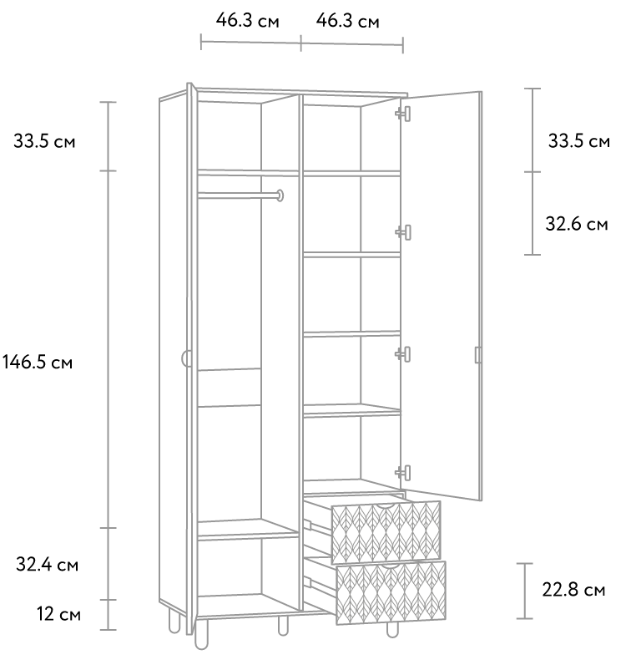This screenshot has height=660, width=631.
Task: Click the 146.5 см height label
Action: (x=38, y=363)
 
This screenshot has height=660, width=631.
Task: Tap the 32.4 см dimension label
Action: (x=47, y=565)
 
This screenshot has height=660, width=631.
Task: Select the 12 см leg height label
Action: (x=58, y=615)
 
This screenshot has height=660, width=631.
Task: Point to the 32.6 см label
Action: (x=577, y=224)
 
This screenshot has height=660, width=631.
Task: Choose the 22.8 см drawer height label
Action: (x=573, y=590)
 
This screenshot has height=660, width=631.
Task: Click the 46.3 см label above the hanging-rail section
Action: (x=248, y=20)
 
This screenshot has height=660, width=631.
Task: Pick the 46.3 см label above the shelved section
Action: (x=348, y=21)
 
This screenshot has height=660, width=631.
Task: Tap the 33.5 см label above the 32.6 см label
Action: (x=579, y=141)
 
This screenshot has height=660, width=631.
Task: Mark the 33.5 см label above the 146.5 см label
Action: (x=44, y=141)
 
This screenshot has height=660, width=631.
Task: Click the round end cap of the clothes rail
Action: (x=280, y=195)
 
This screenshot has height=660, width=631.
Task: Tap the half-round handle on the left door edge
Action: (x=185, y=359)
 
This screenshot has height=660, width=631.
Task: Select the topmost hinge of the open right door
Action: (x=403, y=114)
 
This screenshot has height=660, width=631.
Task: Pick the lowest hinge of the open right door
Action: (x=403, y=472)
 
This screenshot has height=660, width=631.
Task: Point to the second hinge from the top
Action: (x=403, y=232)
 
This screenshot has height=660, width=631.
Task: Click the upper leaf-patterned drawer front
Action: (x=386, y=532)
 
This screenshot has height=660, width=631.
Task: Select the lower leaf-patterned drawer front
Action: (x=391, y=592)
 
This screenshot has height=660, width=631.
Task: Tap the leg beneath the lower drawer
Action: (x=392, y=630)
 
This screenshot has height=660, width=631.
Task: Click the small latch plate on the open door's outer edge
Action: (x=478, y=355)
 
